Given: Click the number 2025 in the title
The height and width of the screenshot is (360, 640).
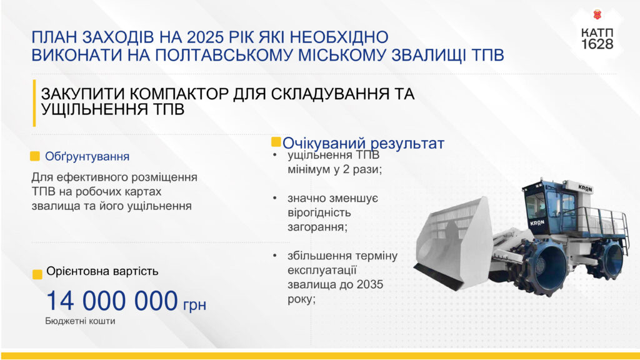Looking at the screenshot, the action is click(x=205, y=37).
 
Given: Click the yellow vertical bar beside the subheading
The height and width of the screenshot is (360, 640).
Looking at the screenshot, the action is click(x=34, y=103).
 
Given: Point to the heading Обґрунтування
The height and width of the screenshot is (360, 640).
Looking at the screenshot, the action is click(x=87, y=157).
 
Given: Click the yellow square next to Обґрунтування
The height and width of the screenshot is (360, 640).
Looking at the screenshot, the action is click(x=35, y=156).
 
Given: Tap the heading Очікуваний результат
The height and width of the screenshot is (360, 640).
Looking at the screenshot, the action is click(x=363, y=143).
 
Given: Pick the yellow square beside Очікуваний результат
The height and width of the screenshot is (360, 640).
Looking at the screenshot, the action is click(x=276, y=142).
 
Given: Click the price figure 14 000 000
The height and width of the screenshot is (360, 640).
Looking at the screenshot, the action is click(x=112, y=301).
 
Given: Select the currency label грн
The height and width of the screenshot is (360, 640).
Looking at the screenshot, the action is click(x=194, y=304).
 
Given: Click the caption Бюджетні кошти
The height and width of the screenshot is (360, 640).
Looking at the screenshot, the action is click(x=80, y=321).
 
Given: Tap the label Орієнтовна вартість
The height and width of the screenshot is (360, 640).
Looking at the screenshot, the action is click(x=102, y=271).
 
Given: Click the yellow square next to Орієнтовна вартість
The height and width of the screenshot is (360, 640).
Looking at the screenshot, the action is click(x=37, y=274).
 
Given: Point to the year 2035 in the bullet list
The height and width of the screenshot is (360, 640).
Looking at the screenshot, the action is click(x=370, y=284).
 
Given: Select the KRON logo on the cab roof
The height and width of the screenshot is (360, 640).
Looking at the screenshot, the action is click(x=584, y=188).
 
